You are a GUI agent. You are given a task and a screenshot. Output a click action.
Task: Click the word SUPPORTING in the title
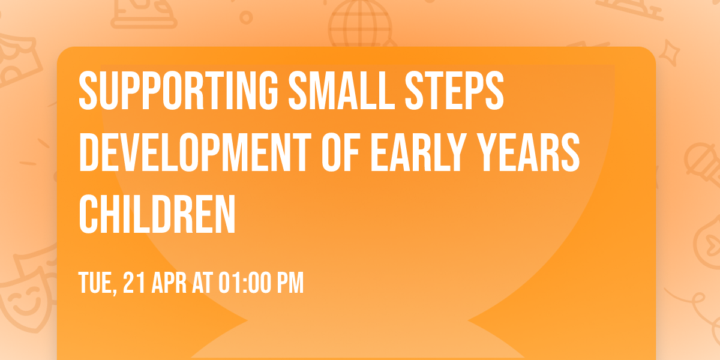(x=178, y=91)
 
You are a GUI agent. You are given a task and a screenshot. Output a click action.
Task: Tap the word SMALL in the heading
(x=341, y=91)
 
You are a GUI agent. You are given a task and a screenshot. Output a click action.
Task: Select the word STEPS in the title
(x=454, y=91)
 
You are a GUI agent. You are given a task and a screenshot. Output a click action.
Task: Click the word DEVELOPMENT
(x=195, y=152)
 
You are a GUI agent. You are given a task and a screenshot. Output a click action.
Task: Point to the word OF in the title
(x=340, y=152)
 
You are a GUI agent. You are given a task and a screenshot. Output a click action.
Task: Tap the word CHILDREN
(x=157, y=214)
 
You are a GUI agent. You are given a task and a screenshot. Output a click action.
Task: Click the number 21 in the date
(x=134, y=283)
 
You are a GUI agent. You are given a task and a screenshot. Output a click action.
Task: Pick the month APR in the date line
(x=169, y=283)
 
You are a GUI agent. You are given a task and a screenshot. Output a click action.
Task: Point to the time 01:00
(x=245, y=283)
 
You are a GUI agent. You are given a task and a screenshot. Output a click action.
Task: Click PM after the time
(x=291, y=283)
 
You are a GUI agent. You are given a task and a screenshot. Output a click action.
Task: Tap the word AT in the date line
(x=203, y=283)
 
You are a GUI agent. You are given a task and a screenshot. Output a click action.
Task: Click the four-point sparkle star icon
(x=669, y=53)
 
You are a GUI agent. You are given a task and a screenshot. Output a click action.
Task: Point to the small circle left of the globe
(x=246, y=17)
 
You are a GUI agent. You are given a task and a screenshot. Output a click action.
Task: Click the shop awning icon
(x=17, y=61)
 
